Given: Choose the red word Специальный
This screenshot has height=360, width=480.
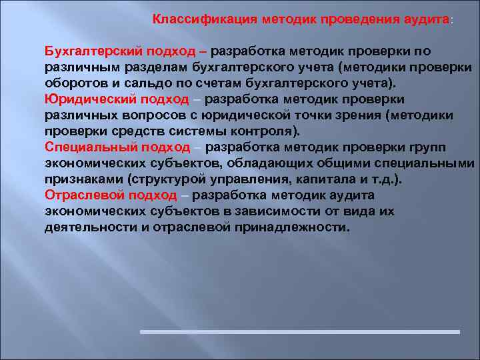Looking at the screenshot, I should click(83, 147).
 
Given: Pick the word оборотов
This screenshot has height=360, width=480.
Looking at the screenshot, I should click(73, 83).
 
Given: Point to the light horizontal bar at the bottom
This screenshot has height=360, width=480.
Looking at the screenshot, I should click(299, 331).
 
